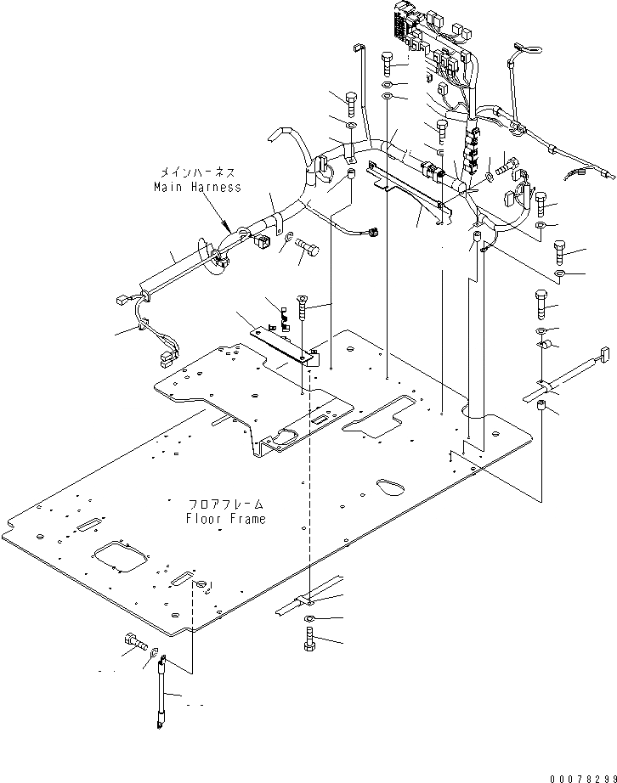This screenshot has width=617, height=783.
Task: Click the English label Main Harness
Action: pyautogui.click(x=197, y=186)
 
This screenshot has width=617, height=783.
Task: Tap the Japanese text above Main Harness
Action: pyautogui.click(x=197, y=172)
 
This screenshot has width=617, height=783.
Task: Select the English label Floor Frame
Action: pyautogui.click(x=226, y=518)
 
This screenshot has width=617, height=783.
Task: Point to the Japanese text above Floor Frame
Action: pyautogui.click(x=226, y=504)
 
